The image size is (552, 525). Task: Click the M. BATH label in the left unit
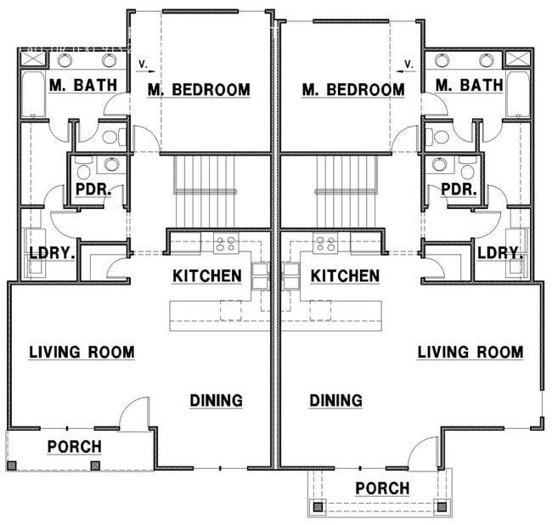tap(76, 85)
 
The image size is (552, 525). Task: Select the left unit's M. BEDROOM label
tap(199, 89)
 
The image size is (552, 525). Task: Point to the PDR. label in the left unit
tap(90, 189)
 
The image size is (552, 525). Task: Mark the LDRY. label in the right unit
tap(498, 253)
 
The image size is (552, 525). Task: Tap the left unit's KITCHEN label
tap(207, 276)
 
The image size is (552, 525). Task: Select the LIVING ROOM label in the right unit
tap(470, 352)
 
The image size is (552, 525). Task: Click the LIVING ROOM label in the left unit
tap(82, 352)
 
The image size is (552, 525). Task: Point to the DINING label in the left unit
tap(216, 400)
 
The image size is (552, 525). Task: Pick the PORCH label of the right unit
tap(382, 488)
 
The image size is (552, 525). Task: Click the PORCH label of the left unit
tap(74, 446)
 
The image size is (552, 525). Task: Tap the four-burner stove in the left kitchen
tap(225, 245)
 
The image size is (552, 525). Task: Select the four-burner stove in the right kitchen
tap(325, 245)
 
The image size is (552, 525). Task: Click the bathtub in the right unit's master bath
tap(517, 95)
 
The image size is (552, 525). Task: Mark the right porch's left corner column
tap(319, 507)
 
